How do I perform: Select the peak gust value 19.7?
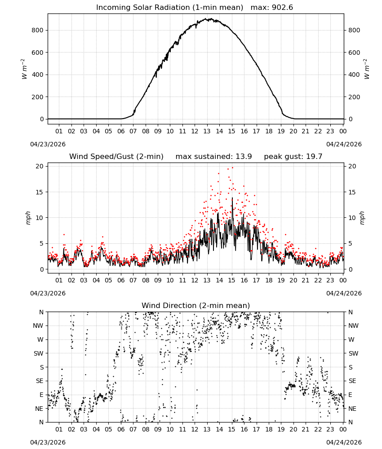click(314, 157)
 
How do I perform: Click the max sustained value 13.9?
click(244, 157)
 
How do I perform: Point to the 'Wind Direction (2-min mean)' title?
click(196, 305)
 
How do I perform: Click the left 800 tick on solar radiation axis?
click(38, 30)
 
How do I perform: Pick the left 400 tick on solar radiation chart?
click(38, 75)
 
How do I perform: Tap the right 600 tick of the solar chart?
click(354, 53)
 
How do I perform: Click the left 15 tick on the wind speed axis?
click(40, 192)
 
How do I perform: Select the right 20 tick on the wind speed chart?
click(352, 167)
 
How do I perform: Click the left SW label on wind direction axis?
click(39, 353)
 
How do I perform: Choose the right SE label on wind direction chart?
click(352, 381)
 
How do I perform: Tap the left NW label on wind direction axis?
click(38, 326)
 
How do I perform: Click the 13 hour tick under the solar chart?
click(207, 131)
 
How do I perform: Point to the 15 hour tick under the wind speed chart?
click(231, 280)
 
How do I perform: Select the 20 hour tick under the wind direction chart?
click(293, 429)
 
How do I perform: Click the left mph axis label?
click(28, 218)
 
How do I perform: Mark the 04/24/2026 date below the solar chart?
click(344, 144)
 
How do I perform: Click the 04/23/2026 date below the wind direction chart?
click(48, 442)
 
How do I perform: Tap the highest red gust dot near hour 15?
click(232, 168)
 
